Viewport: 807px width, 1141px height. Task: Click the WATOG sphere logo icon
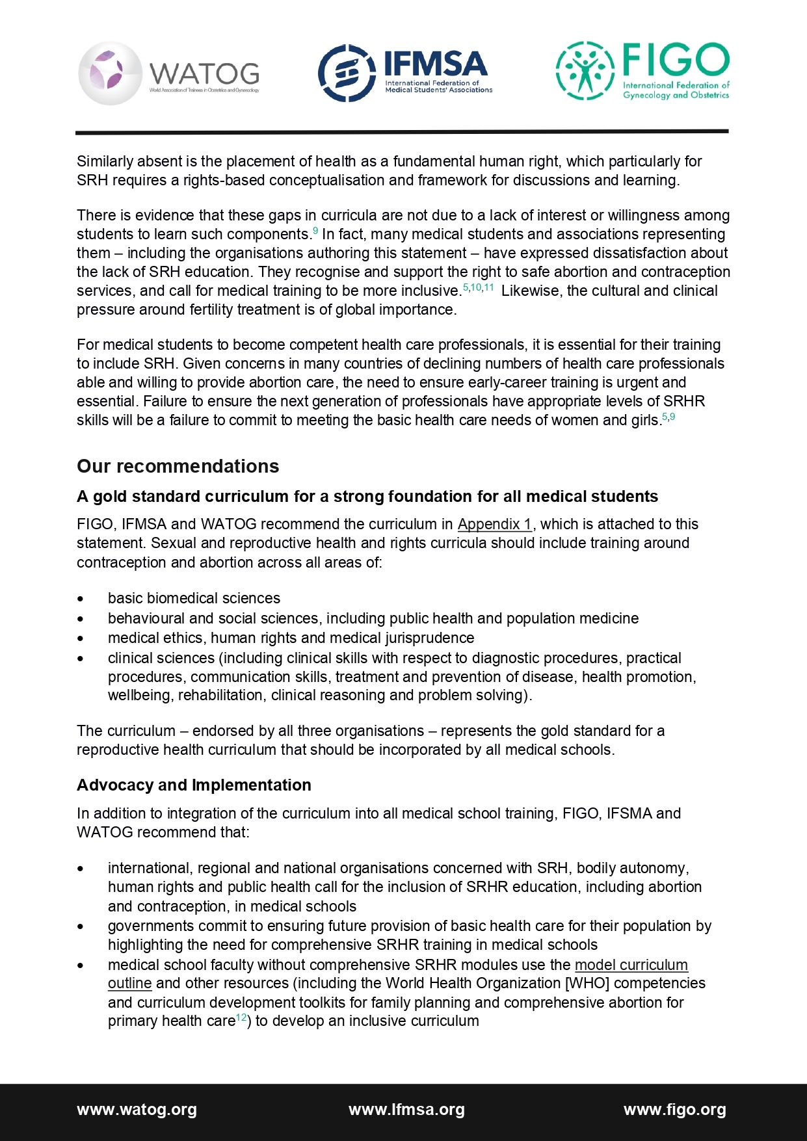[x=110, y=73]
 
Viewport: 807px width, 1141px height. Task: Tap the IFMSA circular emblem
[x=347, y=73]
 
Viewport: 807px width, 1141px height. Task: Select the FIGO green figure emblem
[x=585, y=71]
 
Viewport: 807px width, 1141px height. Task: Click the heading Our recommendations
[x=178, y=466]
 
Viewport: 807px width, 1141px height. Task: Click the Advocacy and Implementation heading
[x=194, y=785]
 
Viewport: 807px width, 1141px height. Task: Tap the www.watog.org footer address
[x=137, y=1109]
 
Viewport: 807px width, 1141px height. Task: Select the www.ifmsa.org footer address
[x=406, y=1109]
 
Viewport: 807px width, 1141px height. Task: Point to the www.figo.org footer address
[x=674, y=1109]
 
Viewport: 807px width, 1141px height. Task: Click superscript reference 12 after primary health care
[x=241, y=1017]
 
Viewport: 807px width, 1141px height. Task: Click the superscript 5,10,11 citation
[x=478, y=287]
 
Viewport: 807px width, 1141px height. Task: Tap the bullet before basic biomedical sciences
[x=81, y=599]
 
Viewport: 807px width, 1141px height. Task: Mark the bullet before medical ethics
[x=81, y=638]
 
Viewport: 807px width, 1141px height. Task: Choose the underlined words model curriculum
[x=631, y=965]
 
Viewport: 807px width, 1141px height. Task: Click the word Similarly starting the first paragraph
[x=105, y=161]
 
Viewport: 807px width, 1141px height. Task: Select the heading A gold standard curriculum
[x=367, y=496]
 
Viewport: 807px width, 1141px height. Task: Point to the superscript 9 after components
[x=315, y=231]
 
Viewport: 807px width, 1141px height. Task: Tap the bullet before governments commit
[x=81, y=926]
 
